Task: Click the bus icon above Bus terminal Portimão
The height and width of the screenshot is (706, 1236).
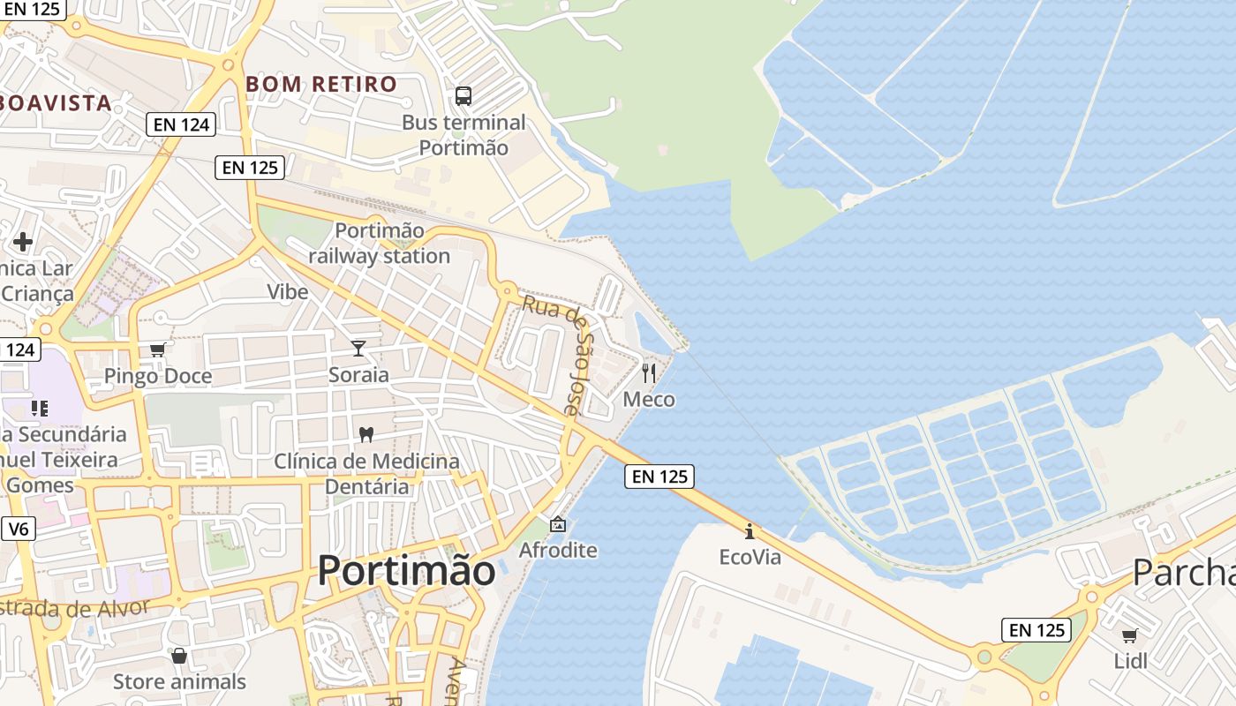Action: pyautogui.click(x=463, y=96)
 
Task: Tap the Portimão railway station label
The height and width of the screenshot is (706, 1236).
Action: pyautogui.click(x=380, y=244)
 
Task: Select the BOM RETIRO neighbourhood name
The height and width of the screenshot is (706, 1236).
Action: pyautogui.click(x=321, y=85)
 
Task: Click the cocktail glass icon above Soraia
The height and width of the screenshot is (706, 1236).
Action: pyautogui.click(x=358, y=349)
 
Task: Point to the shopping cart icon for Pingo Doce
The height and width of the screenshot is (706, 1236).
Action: pyautogui.click(x=157, y=350)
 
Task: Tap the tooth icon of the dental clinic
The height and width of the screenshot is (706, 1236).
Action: pyautogui.click(x=366, y=434)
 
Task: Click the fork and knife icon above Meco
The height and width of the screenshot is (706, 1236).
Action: pyautogui.click(x=649, y=373)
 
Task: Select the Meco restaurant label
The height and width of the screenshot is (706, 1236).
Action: pyautogui.click(x=649, y=400)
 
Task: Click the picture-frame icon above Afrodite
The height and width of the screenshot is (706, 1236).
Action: pyautogui.click(x=558, y=524)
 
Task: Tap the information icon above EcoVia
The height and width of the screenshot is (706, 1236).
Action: pyautogui.click(x=750, y=531)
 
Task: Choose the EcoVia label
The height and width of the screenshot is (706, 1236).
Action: pyautogui.click(x=750, y=557)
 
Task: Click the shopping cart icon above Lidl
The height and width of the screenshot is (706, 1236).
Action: pyautogui.click(x=1129, y=635)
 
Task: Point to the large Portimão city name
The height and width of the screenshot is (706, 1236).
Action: pyautogui.click(x=406, y=571)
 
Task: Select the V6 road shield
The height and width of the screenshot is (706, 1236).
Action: pyautogui.click(x=18, y=529)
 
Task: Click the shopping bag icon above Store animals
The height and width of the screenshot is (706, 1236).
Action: pyautogui.click(x=179, y=656)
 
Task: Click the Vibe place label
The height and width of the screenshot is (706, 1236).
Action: pyautogui.click(x=288, y=292)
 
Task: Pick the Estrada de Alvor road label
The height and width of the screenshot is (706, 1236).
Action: pyautogui.click(x=75, y=609)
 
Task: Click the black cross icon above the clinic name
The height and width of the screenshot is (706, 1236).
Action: pyautogui.click(x=23, y=241)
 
